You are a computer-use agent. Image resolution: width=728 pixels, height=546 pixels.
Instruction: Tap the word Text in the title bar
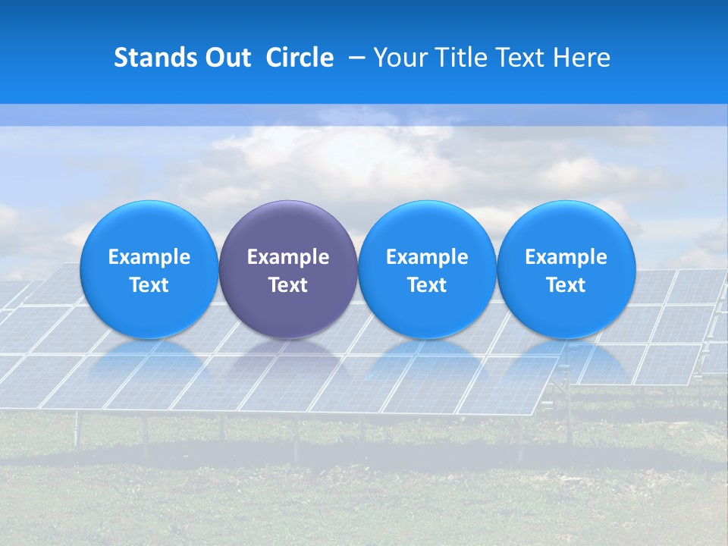pos(519,58)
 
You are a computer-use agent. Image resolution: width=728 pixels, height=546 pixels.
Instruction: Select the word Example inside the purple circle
pos(288,257)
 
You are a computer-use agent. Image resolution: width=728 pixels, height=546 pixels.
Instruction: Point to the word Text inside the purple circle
pos(288,285)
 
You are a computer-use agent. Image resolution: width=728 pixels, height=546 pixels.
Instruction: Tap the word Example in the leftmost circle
pos(149,257)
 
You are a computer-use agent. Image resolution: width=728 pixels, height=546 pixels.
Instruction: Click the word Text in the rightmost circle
pos(566,285)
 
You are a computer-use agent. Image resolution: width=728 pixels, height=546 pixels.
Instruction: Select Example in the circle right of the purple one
pos(427,257)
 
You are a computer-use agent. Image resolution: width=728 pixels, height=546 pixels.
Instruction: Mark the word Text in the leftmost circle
pos(149,285)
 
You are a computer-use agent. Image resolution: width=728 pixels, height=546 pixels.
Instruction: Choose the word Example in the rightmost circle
pos(566,257)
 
